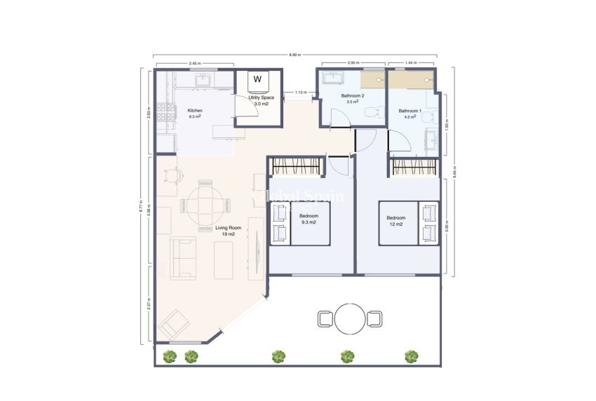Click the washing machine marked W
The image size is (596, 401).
(x=257, y=79)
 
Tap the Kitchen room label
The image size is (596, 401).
(x=194, y=111)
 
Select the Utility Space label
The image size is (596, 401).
(x=262, y=97)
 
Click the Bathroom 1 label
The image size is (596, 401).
(x=409, y=111)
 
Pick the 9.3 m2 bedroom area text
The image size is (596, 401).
(x=309, y=222)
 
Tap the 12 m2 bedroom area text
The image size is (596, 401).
(x=395, y=224)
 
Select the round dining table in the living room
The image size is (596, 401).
(x=206, y=205)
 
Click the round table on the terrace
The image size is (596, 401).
(x=349, y=318)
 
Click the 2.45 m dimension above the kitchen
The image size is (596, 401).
(x=195, y=64)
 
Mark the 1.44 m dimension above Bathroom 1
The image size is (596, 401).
(x=411, y=64)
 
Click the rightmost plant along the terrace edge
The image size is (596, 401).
(x=411, y=356)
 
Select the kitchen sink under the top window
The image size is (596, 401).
(x=203, y=81)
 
